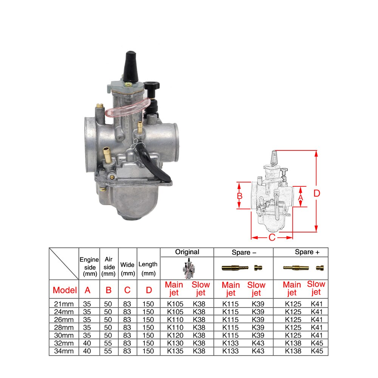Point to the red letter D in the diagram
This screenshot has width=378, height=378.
[317, 193]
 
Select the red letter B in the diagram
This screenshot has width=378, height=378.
[239, 196]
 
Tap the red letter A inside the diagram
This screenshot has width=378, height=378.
[301, 197]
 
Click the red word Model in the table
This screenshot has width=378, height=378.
[65, 290]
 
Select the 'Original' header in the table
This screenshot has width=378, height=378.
[187, 252]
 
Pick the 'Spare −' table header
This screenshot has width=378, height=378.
[243, 252]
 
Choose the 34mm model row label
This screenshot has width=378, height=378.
[64, 351]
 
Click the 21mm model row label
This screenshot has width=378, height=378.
[64, 304]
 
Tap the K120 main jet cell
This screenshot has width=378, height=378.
[175, 335]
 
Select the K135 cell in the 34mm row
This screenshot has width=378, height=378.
[175, 351]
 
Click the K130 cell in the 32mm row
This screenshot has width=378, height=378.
[175, 343]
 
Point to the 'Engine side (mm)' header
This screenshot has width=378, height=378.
[89, 266]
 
